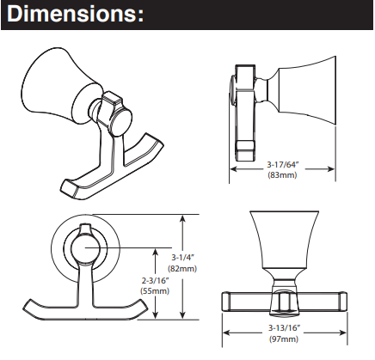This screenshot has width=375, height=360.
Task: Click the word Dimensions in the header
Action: click(x=72, y=14)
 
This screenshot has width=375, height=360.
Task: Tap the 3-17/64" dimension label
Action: click(x=283, y=164)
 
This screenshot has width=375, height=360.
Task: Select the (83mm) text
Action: click(x=282, y=174)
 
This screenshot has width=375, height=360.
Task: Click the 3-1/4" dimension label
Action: click(x=183, y=258)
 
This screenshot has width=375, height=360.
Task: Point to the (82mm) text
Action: click(x=182, y=268)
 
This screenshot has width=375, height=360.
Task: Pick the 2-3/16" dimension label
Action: click(x=155, y=280)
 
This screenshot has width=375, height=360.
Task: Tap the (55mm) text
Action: click(x=155, y=291)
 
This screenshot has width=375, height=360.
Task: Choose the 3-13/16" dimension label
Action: click(x=284, y=328)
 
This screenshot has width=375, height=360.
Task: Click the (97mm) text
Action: click(x=284, y=339)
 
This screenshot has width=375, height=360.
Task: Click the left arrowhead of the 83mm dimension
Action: click(x=233, y=169)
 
